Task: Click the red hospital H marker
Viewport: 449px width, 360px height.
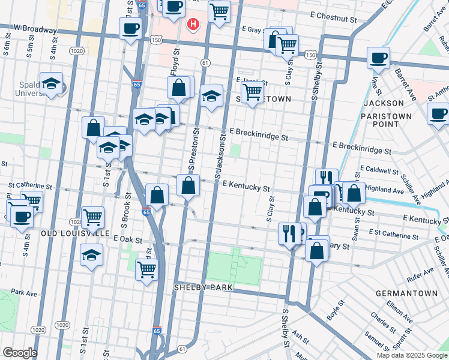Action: point(193,24)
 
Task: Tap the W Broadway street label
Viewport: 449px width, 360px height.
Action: point(35,28)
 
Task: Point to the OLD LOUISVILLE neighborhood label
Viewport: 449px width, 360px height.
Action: point(75,233)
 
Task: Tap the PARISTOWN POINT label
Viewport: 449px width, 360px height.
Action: point(391,120)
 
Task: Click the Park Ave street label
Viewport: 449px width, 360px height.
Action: point(24,293)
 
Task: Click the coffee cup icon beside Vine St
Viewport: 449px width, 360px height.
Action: point(378,58)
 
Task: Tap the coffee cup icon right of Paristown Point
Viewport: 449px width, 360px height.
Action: point(438,113)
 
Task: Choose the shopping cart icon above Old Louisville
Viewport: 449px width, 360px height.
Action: point(92,217)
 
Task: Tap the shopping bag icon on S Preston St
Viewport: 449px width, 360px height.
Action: point(188,185)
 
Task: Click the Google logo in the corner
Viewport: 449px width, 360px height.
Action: point(19,353)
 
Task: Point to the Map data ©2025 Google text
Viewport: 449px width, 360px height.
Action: point(411,355)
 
